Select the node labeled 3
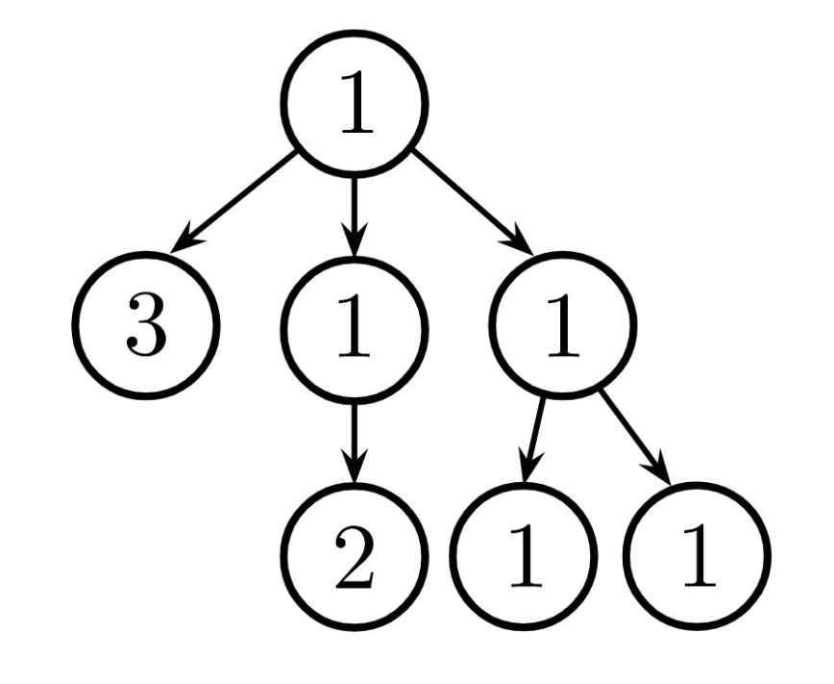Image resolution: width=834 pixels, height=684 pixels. tap(147, 324)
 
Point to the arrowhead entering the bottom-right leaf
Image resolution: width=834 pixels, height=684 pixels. tap(662, 469)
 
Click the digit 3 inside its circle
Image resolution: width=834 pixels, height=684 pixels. tap(147, 325)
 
